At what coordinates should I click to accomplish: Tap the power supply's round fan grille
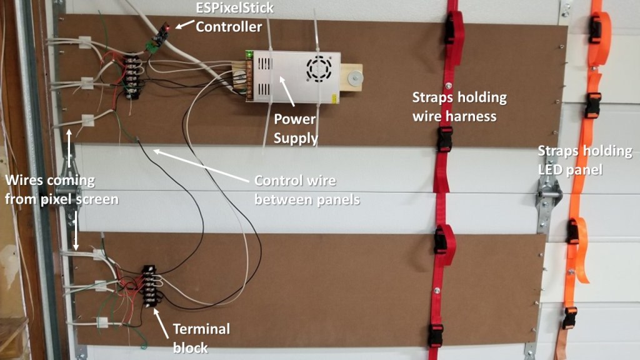[x=319, y=67]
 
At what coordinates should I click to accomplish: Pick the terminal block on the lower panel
[x=149, y=286]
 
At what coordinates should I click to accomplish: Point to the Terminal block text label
[x=201, y=337]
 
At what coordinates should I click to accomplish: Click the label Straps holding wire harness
[x=459, y=106]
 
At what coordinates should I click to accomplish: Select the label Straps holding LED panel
[x=585, y=161]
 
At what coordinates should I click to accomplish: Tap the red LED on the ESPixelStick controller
[x=167, y=27]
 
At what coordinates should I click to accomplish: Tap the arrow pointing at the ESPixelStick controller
[x=184, y=24]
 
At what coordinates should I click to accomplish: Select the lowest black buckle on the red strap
[x=435, y=336]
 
